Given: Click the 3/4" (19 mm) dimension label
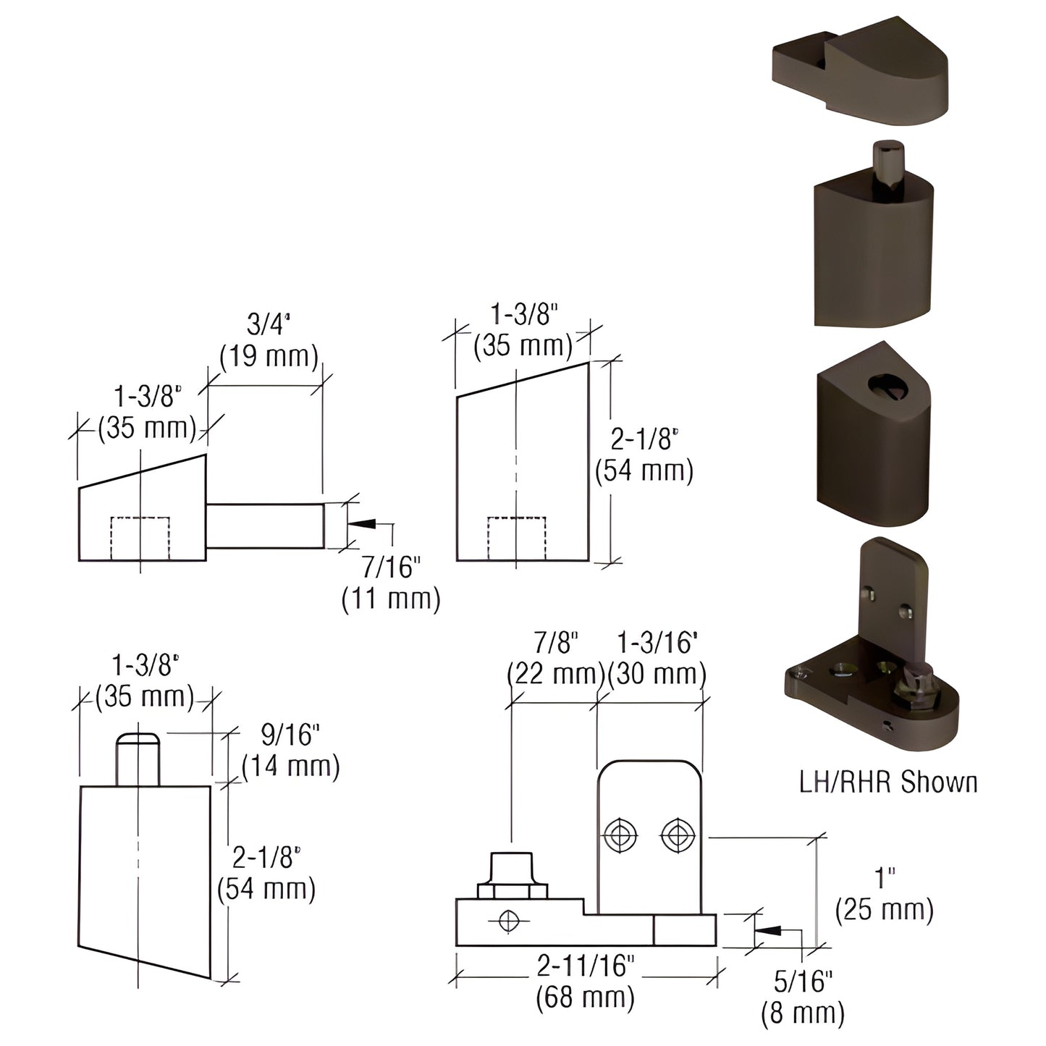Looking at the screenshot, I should [269, 340].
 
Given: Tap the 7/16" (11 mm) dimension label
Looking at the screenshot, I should [391, 583].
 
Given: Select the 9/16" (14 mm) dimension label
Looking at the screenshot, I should [290, 751].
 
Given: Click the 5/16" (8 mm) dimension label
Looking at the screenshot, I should [803, 997].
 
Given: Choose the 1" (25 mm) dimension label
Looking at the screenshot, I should [884, 895].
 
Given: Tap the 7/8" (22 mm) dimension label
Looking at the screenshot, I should [555, 658].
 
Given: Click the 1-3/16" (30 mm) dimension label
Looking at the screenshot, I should [657, 658].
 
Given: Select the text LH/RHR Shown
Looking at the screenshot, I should [888, 783].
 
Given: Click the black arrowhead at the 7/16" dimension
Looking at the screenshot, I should [362, 523].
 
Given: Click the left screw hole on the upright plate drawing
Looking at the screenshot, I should [620, 835].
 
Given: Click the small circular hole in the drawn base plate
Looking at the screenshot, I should [509, 921].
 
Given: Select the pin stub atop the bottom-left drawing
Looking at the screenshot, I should [138, 760].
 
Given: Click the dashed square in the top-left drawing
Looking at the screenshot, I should [140, 538].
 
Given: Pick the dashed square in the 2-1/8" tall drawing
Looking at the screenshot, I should [516, 539].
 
